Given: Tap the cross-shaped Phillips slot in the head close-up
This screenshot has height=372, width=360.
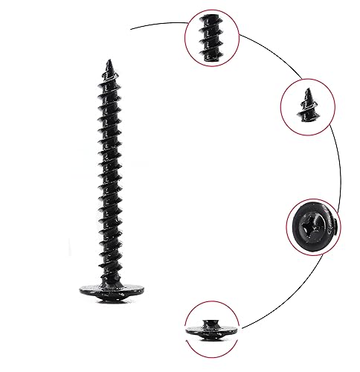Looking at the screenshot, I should coord(310,221).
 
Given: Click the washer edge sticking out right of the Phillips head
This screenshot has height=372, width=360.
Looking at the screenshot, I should coord(335,224).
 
